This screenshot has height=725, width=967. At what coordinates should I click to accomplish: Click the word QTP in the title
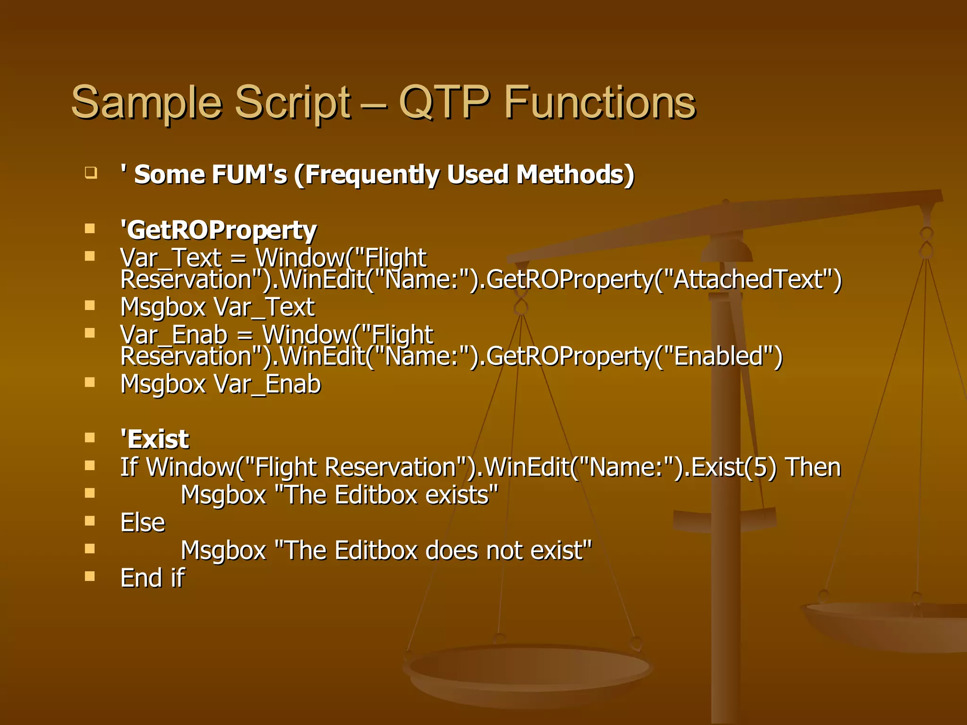[444, 102]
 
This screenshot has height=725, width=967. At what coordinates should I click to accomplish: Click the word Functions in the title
[600, 102]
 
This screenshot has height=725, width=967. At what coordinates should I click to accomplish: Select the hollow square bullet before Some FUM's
[91, 173]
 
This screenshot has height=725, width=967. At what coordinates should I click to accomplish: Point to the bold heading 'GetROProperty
[218, 231]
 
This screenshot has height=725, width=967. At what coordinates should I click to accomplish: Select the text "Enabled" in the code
[718, 356]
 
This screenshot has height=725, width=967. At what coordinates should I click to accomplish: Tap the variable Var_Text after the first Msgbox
[264, 308]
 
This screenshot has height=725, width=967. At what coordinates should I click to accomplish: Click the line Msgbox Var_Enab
[221, 384]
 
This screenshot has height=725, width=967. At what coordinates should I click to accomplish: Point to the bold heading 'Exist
[155, 439]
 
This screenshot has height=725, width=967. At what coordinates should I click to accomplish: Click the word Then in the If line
[813, 468]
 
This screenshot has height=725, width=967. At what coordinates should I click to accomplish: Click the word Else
[143, 523]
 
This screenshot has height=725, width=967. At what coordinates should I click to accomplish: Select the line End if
[153, 578]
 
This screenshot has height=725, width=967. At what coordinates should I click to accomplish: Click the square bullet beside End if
[90, 576]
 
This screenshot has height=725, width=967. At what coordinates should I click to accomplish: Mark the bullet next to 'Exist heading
[90, 438]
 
